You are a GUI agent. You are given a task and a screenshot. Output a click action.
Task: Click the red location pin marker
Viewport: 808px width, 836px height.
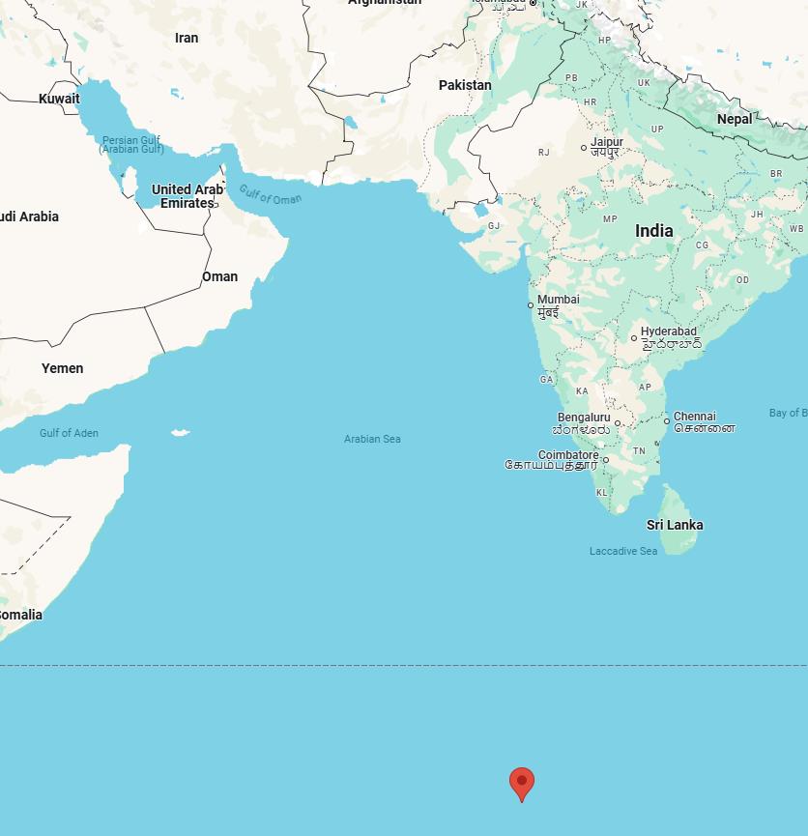(x=522, y=782)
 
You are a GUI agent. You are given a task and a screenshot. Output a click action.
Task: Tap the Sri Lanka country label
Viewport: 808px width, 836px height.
(x=675, y=525)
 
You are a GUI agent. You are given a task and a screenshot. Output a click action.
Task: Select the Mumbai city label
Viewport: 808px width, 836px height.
(x=558, y=300)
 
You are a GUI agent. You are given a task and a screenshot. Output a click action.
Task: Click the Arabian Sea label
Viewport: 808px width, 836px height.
(x=372, y=439)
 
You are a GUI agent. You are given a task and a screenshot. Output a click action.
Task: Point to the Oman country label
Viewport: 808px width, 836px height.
(x=219, y=276)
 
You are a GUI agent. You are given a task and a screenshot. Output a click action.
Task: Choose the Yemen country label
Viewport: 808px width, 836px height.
(x=62, y=368)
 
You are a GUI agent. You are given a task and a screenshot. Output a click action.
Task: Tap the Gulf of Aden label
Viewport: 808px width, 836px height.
(x=69, y=433)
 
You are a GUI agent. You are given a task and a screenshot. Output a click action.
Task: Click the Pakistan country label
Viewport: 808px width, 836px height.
(x=465, y=85)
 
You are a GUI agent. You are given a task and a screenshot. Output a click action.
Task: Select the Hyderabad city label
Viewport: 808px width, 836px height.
(x=668, y=332)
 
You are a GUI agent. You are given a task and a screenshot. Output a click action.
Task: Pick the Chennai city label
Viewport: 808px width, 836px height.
(x=694, y=417)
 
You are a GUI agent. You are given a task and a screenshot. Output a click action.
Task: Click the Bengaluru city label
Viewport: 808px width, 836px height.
(x=584, y=418)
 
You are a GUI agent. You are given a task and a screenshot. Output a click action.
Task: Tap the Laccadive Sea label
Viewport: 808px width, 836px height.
(x=623, y=551)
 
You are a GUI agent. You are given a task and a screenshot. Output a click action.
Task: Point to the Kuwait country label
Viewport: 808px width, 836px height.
(x=59, y=99)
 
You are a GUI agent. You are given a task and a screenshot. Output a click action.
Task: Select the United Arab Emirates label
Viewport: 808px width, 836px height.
(x=187, y=196)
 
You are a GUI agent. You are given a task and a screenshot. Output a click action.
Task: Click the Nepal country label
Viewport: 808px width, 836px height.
(x=735, y=119)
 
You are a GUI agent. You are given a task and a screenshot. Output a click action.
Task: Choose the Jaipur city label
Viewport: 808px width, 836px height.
(x=607, y=142)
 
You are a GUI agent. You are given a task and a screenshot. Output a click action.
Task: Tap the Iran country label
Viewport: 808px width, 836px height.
(x=187, y=38)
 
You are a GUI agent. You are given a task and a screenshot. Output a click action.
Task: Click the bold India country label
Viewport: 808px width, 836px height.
(x=654, y=231)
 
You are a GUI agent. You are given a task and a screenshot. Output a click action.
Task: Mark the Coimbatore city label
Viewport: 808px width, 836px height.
(x=568, y=454)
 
